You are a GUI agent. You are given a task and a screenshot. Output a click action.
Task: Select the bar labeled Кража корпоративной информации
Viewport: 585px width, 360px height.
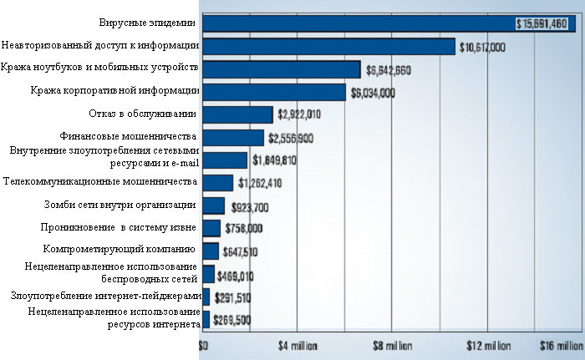click(273, 92)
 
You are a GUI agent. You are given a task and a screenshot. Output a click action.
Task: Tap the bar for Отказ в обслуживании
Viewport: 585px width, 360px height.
click(237, 114)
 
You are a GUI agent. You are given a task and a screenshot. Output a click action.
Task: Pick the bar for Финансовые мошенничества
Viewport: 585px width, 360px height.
click(233, 137)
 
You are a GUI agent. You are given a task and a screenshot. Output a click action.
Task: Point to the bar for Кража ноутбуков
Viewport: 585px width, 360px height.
click(281, 69)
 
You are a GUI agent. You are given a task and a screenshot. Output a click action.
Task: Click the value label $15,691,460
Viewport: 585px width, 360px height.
click(543, 24)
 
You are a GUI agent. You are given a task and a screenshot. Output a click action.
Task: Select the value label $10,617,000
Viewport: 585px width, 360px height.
click(482, 48)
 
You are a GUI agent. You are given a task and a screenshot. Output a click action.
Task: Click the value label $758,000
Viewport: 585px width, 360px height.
click(244, 228)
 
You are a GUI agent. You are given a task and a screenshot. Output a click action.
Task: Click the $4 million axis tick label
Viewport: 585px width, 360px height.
click(298, 344)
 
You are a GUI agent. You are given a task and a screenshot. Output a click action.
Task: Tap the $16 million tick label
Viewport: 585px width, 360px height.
click(561, 344)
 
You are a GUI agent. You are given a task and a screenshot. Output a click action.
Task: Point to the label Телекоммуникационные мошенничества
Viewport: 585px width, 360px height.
click(100, 180)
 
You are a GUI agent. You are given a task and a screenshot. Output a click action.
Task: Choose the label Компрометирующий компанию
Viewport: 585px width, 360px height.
click(119, 249)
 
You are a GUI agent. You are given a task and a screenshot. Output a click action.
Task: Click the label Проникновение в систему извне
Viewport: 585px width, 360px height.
click(119, 226)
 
